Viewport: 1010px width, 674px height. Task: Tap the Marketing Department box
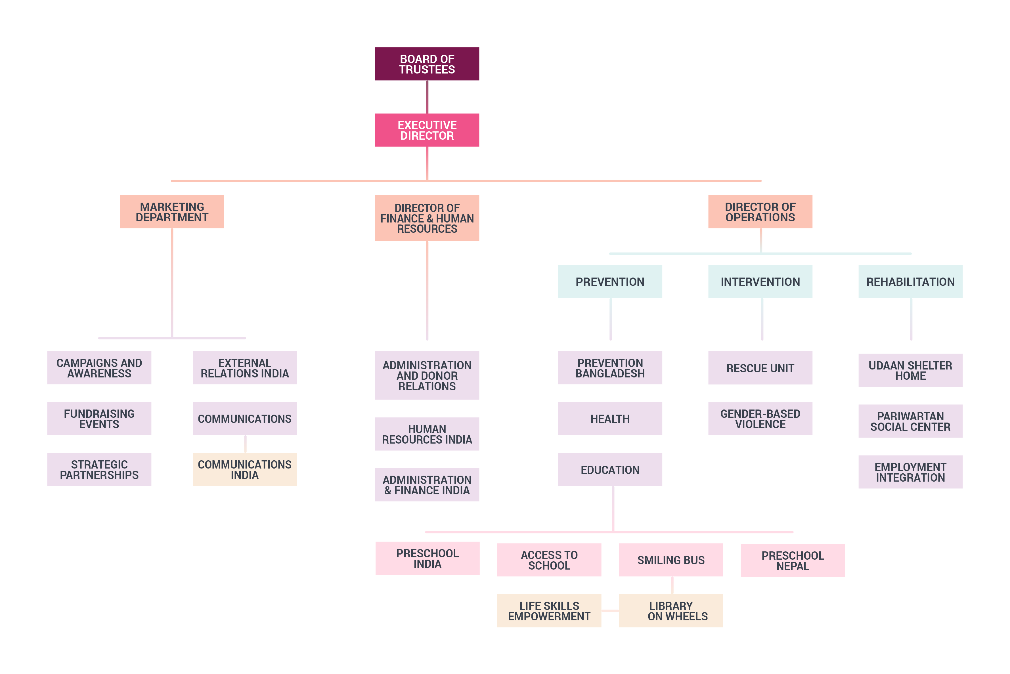pos(172,211)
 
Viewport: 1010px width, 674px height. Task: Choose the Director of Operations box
pos(760,211)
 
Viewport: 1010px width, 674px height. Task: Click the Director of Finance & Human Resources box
pos(427,218)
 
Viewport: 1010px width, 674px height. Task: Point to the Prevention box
pos(610,282)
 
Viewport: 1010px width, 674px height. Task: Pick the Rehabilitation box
pos(910,282)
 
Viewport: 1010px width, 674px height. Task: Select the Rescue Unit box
pos(760,368)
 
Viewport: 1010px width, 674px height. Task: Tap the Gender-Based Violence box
pos(760,419)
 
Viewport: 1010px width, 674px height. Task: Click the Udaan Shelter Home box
pos(910,370)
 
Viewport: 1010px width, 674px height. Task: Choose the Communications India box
pos(245,469)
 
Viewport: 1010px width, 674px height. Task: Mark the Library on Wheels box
pos(671,611)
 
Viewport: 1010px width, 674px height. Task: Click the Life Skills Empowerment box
pos(549,611)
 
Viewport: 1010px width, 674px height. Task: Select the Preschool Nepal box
pos(793,560)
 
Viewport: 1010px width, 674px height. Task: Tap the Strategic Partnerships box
pos(99,469)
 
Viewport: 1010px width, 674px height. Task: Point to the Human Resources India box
pos(427,434)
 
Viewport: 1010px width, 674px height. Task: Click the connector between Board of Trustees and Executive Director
pos(427,97)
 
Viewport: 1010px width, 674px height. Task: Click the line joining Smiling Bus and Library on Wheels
pos(672,585)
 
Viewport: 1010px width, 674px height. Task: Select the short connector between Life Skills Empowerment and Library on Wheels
pos(610,611)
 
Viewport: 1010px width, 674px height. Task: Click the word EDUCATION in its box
pos(610,470)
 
